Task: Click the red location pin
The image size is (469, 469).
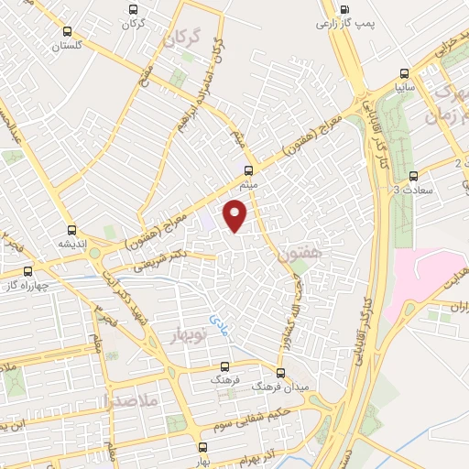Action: coord(236,214)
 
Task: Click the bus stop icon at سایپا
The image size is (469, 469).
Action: coord(404,74)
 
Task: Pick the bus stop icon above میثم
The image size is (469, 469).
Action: coord(248,169)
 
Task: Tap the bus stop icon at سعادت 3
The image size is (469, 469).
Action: coord(413,175)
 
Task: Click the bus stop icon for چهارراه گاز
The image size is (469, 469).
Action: coord(27,271)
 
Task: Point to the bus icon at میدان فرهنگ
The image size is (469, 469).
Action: coord(280,372)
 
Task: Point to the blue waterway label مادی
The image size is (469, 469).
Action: coord(220,322)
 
